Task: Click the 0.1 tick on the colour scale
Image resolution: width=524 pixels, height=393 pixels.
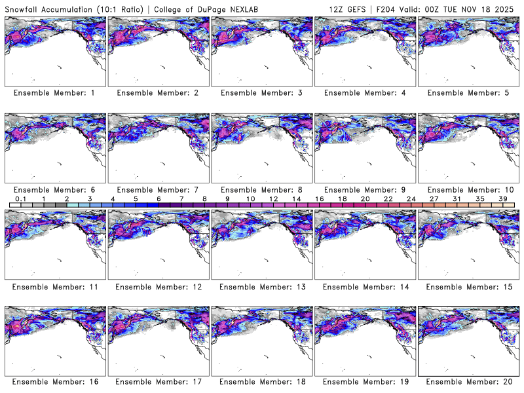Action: (21, 198)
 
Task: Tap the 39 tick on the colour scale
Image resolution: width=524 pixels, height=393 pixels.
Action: (502, 198)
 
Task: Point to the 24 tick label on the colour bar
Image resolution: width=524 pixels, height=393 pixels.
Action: (411, 198)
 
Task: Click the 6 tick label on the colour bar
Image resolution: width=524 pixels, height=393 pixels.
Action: (159, 198)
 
